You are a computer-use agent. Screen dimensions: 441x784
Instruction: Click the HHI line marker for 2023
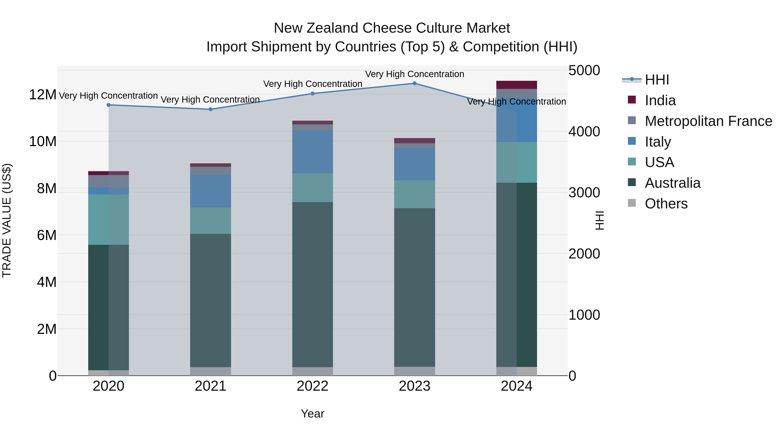(414, 83)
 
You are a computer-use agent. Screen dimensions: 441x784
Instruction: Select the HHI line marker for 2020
(109, 105)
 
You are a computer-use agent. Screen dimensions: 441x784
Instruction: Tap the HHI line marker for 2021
(211, 109)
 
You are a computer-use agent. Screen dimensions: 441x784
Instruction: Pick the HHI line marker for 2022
(313, 94)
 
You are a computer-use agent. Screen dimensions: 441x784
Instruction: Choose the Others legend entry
(666, 204)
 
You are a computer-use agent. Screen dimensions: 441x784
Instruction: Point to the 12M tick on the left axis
(43, 95)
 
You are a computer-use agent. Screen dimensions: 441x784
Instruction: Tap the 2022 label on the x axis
(313, 386)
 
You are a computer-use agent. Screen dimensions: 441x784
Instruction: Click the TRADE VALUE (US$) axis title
(7, 220)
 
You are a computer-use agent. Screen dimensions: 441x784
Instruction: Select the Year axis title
(313, 414)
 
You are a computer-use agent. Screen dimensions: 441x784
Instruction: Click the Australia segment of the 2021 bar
(211, 300)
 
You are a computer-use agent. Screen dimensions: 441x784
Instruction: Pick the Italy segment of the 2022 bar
(313, 152)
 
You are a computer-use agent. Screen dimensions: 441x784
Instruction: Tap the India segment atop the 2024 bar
(517, 85)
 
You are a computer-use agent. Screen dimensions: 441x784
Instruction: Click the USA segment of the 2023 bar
(414, 194)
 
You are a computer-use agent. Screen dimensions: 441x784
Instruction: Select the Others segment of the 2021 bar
(211, 371)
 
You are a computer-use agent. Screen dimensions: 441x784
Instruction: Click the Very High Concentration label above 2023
(414, 74)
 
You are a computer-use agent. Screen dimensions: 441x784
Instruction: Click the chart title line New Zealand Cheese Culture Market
(392, 28)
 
